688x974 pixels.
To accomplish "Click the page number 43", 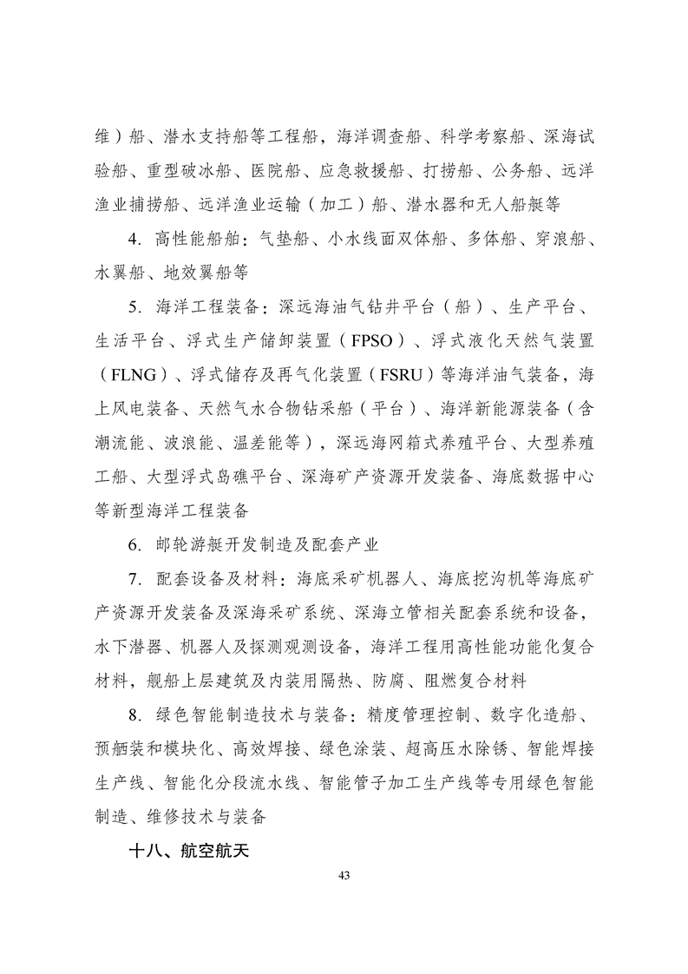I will click(x=344, y=873).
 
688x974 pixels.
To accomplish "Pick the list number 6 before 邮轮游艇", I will click(x=133, y=544).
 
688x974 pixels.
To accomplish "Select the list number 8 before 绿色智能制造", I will click(x=133, y=714).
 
